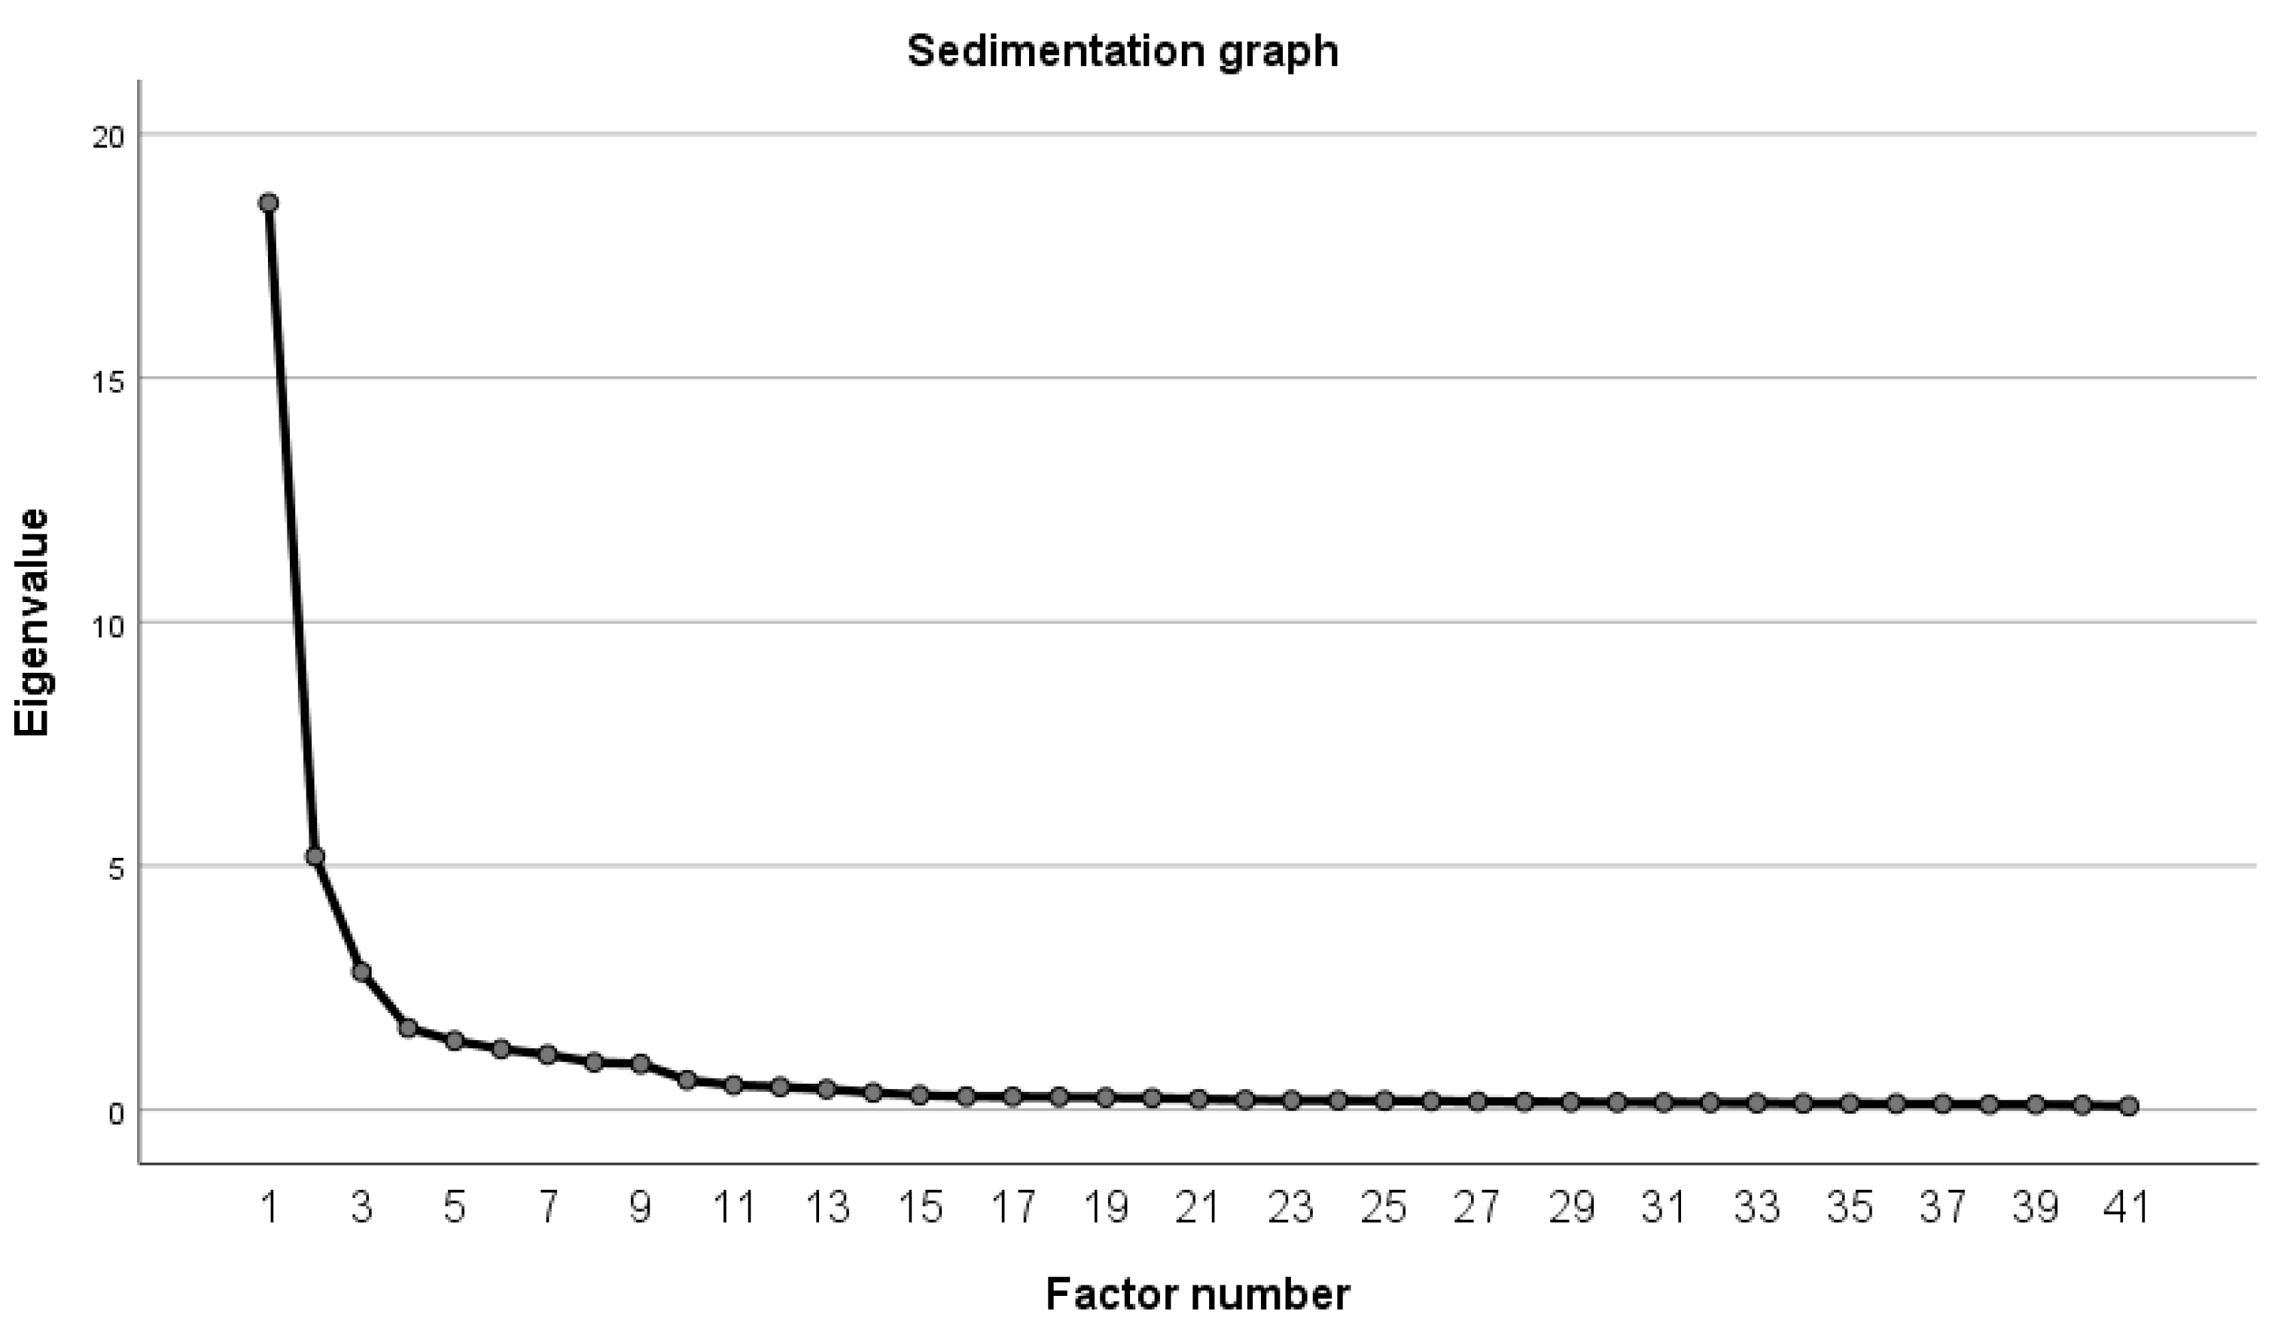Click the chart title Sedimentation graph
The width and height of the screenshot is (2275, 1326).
1122,50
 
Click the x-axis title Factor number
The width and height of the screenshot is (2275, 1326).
1197,1294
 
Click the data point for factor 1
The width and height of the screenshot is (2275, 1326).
268,202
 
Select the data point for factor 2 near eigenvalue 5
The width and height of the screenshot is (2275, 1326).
315,856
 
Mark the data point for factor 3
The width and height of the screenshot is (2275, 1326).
361,972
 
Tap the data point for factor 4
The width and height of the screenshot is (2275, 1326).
408,1027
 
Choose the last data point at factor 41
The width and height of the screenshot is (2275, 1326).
2128,1105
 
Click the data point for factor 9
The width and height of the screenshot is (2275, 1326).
640,1063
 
